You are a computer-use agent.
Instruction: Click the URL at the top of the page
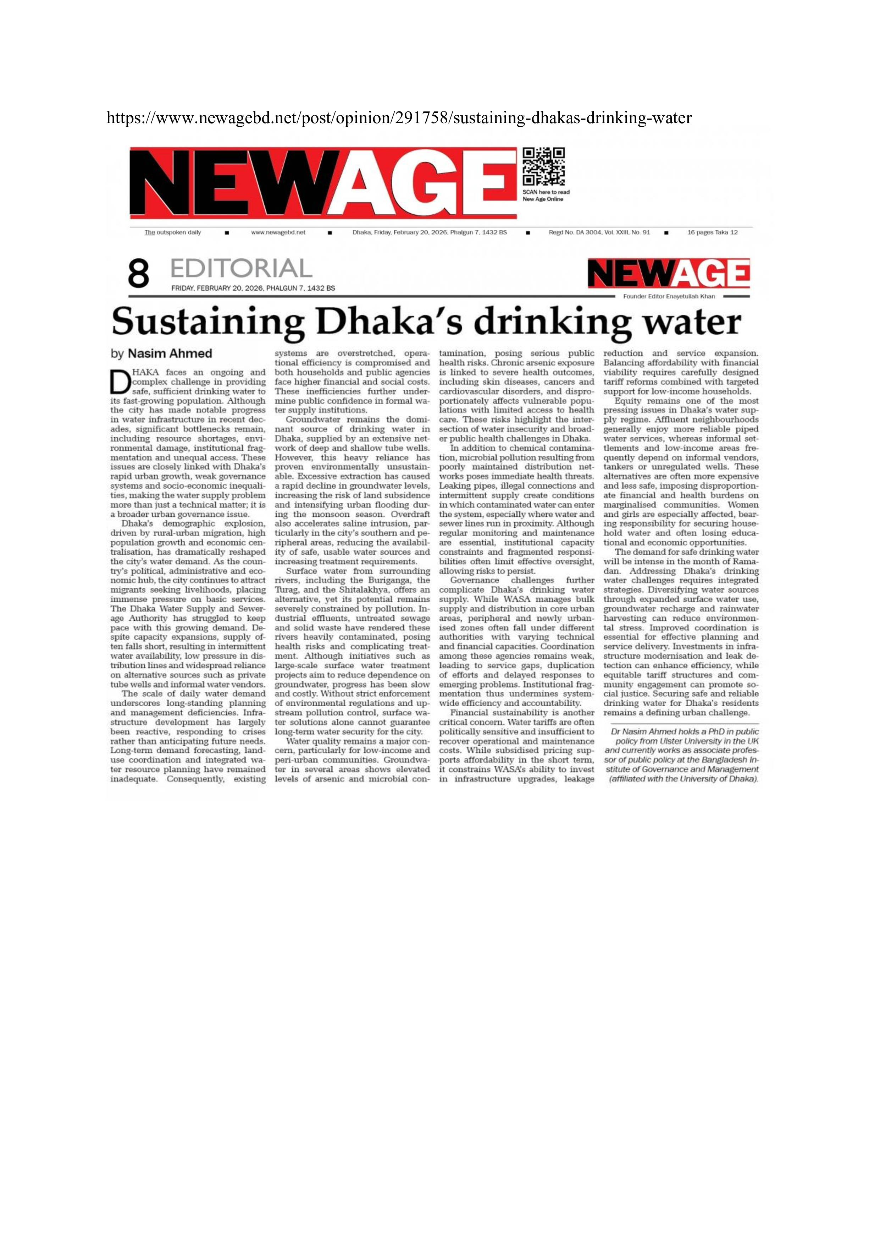399,118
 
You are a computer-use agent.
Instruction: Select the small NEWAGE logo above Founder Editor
669,274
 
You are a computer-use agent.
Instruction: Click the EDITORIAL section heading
241,269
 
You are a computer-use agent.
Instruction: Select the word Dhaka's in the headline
389,321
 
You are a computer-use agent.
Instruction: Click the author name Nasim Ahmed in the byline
170,353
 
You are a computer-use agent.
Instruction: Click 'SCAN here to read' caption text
546,192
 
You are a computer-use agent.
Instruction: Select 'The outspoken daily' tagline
172,232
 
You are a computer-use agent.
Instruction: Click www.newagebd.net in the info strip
278,232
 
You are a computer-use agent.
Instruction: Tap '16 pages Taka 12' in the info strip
712,232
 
